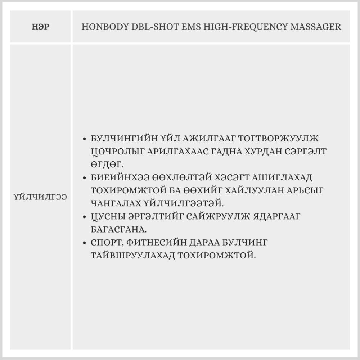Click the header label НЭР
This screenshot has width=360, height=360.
tap(40, 27)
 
